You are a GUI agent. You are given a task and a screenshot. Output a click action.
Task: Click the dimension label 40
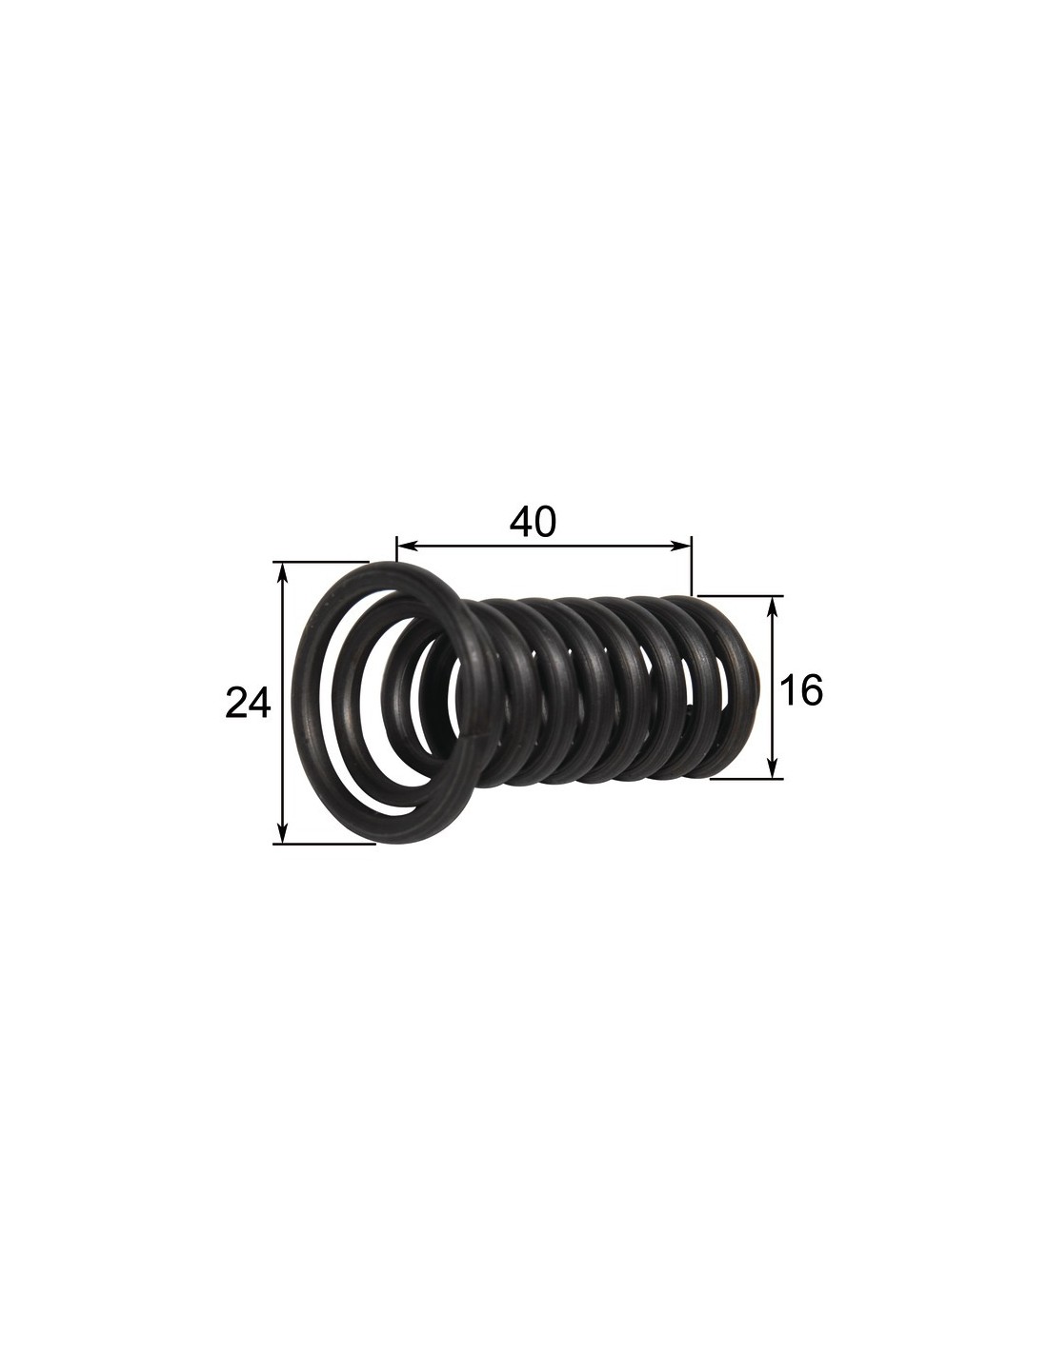pos(532,522)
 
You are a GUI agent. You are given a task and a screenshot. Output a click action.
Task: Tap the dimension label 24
pos(248,702)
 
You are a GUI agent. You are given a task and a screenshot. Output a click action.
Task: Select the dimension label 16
pos(801,689)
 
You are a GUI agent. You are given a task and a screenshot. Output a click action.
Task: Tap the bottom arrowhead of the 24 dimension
pos(283,832)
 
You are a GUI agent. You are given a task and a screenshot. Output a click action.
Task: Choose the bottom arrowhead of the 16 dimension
pos(773,767)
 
